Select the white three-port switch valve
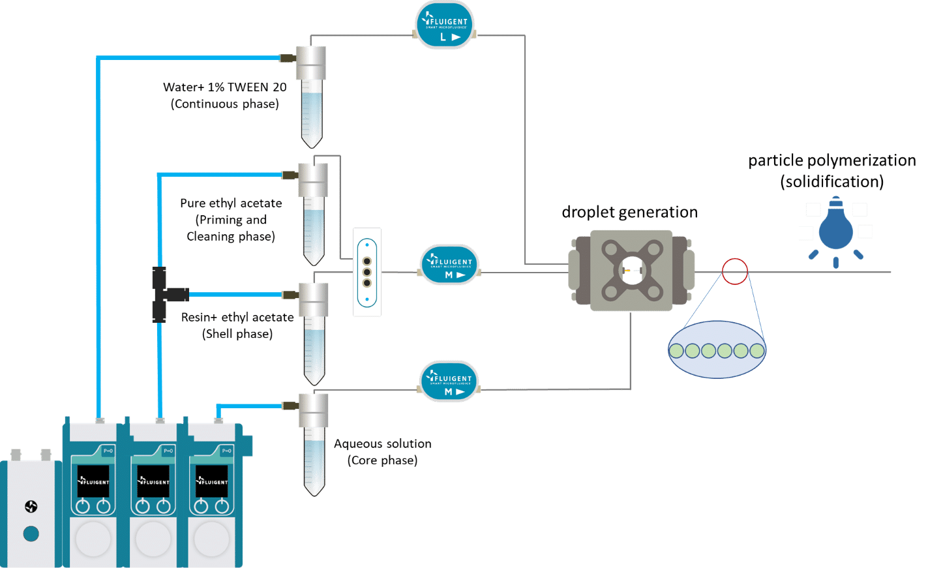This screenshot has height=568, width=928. (x=367, y=272)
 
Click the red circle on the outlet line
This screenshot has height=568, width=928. (x=734, y=271)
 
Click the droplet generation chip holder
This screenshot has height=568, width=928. (x=631, y=269)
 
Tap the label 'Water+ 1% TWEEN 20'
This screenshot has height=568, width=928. (x=224, y=87)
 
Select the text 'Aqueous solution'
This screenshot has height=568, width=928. (x=383, y=443)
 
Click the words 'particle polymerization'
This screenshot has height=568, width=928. (x=832, y=160)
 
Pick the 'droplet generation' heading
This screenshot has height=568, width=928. (x=629, y=212)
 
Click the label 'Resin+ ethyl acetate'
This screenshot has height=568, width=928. (x=237, y=317)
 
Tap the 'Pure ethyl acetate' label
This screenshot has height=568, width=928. (x=231, y=203)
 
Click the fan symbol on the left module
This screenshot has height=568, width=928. (x=31, y=507)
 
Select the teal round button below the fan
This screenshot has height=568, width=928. (x=31, y=534)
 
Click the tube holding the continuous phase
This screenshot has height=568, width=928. (x=312, y=98)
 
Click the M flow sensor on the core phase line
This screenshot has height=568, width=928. (x=449, y=381)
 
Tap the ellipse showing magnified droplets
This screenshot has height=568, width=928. (x=717, y=351)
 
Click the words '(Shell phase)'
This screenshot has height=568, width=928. (x=237, y=334)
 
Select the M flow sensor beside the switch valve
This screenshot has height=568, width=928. (x=449, y=265)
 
